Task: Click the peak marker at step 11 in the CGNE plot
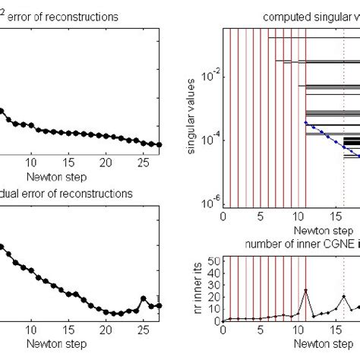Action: click(305, 290)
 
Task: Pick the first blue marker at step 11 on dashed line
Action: click(305, 122)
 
